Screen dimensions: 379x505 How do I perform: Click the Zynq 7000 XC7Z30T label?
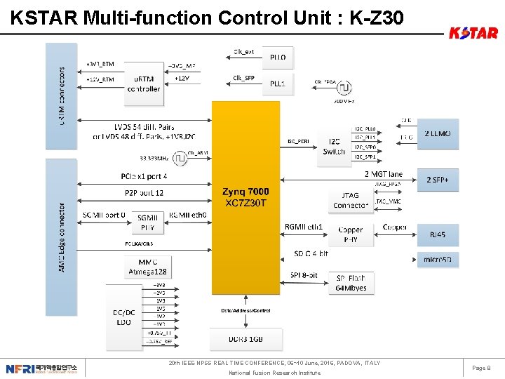pos(245,197)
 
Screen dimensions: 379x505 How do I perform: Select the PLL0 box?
pos(278,57)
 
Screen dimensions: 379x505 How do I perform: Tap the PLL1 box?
pos(278,83)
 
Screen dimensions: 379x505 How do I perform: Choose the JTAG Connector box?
pos(350,200)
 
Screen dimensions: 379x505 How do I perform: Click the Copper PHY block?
pos(350,234)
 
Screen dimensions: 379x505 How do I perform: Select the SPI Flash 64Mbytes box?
pos(351,283)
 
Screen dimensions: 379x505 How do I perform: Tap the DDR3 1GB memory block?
pos(245,340)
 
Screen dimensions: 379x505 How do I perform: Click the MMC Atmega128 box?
pos(147,266)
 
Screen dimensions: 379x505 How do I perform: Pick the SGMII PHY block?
pos(147,222)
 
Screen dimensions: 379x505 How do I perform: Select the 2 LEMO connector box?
pos(438,133)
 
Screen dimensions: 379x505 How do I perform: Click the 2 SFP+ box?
pos(438,180)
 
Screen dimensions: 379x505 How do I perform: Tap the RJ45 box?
pos(438,235)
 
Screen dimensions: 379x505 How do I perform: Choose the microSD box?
pos(438,259)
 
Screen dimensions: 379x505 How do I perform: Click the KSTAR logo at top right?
pos(473,33)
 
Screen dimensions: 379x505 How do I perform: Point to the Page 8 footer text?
pos(481,368)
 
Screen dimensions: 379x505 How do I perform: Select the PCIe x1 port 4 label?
pos(144,175)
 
